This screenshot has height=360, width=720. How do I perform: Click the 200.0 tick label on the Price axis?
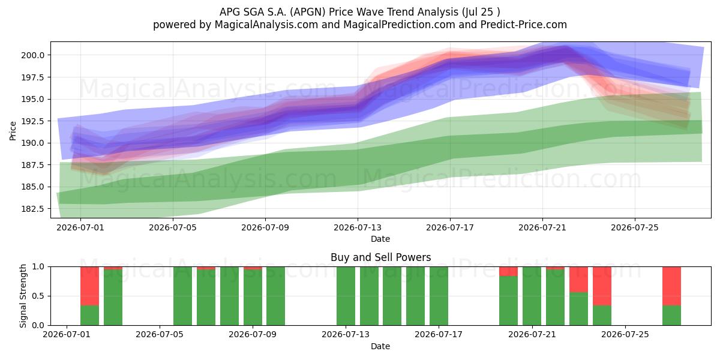coord(33,55)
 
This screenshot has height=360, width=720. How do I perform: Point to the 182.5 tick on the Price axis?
coord(33,209)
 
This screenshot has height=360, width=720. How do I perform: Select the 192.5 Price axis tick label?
coord(33,121)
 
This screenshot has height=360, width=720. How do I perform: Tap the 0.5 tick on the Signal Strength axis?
coord(38,296)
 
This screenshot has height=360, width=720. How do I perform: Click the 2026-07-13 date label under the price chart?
coord(358,227)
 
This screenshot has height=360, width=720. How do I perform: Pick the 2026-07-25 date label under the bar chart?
coord(625,335)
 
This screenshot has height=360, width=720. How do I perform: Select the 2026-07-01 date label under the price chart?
coord(80,227)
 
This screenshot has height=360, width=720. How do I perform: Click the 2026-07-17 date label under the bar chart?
coord(439,335)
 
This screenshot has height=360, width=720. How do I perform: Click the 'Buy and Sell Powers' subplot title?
coord(380,257)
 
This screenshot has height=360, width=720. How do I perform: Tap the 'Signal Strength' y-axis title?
coord(23,296)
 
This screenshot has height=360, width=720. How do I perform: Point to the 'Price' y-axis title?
coord(13,131)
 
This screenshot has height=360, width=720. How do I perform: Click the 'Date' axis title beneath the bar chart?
coord(380,346)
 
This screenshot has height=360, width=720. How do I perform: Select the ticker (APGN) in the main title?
coord(308,12)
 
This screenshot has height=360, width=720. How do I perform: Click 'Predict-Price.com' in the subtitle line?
coord(524,25)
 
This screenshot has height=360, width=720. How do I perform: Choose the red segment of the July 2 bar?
coord(89,286)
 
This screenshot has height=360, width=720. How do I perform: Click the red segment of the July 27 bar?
coord(671,286)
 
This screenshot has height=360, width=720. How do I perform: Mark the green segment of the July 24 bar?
coord(602,316)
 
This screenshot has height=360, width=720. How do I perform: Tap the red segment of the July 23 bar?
coord(578,280)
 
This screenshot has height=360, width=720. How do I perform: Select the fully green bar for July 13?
coord(346,296)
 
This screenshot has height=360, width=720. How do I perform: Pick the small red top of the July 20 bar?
coord(509,271)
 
